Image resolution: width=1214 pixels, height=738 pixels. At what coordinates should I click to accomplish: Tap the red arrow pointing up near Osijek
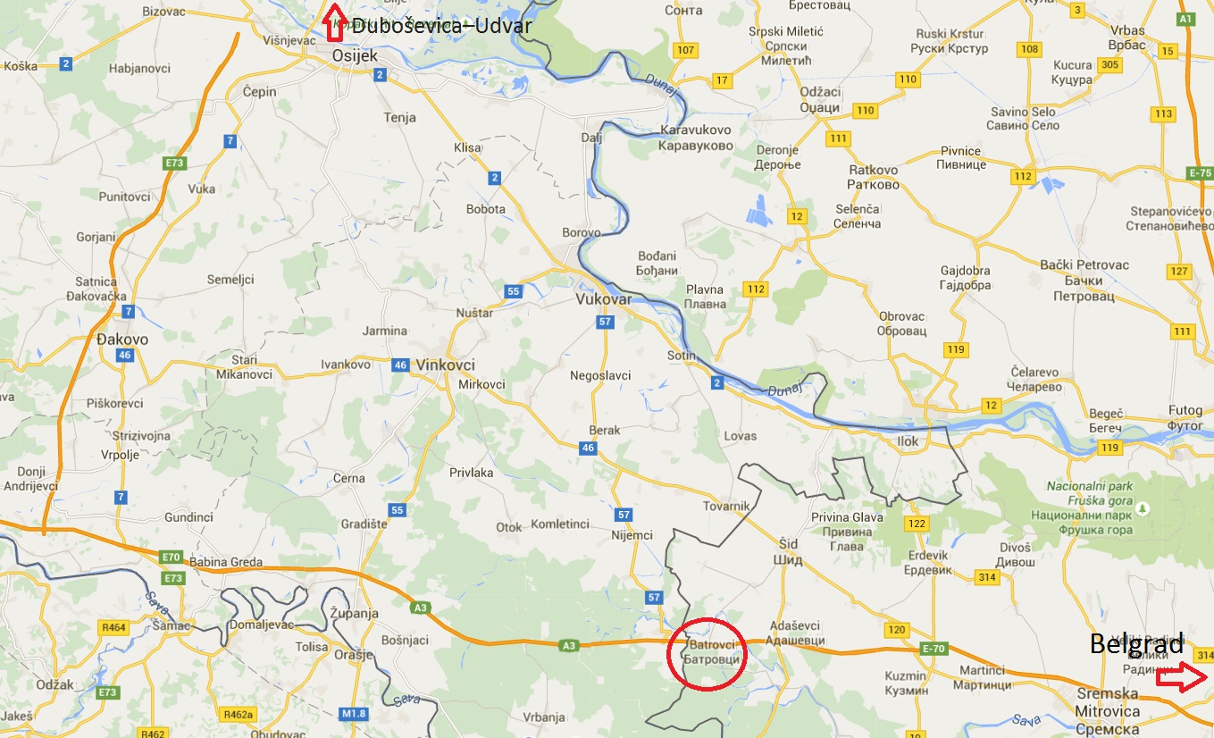coord(336,23)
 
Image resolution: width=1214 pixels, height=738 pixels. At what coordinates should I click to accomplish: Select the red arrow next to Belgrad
coord(1182,679)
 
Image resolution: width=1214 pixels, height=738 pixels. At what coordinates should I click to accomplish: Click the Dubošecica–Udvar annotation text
coord(442,26)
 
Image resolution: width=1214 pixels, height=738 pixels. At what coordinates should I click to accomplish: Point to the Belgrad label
coord(1136,643)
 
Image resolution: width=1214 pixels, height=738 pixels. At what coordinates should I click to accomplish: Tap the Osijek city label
coord(355,55)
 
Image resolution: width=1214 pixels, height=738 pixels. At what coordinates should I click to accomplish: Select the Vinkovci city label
coord(445,365)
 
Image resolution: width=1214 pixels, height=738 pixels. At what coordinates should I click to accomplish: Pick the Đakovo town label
coord(122,340)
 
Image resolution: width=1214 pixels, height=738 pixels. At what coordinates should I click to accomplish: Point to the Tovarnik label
coord(726,506)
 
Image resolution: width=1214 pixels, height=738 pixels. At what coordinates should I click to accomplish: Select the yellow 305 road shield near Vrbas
coord(1110,65)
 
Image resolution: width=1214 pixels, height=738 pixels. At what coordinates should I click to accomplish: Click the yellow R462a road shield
coord(239,715)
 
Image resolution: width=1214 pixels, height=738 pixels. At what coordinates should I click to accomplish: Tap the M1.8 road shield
coord(354,713)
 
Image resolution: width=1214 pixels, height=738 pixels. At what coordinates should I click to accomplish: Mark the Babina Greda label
coord(226,562)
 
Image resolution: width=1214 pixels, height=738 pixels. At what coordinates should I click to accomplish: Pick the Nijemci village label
coord(633,535)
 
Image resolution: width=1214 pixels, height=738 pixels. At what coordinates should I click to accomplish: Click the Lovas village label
coord(741,436)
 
